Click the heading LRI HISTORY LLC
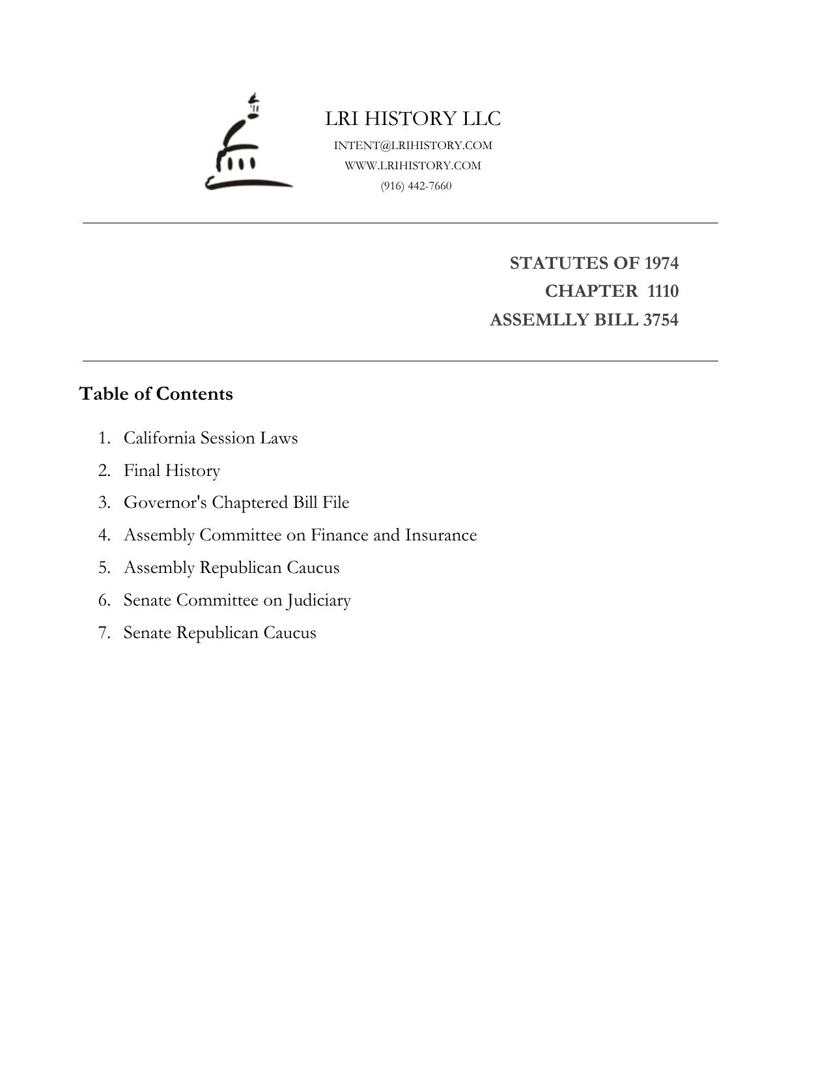(x=413, y=119)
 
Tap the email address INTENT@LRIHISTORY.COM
(x=413, y=145)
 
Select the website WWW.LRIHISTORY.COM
(x=413, y=165)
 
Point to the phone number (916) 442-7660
(x=416, y=186)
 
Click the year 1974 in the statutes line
(x=661, y=263)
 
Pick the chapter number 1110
(x=663, y=291)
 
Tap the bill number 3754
(x=660, y=320)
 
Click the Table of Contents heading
(x=156, y=394)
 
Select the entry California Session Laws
(x=210, y=438)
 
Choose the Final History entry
(x=172, y=470)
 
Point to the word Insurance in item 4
(x=441, y=535)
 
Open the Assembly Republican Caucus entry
(x=231, y=568)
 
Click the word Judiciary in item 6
(x=318, y=600)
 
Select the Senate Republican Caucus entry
(x=219, y=633)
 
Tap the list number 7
(x=104, y=633)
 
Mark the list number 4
(x=104, y=535)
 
